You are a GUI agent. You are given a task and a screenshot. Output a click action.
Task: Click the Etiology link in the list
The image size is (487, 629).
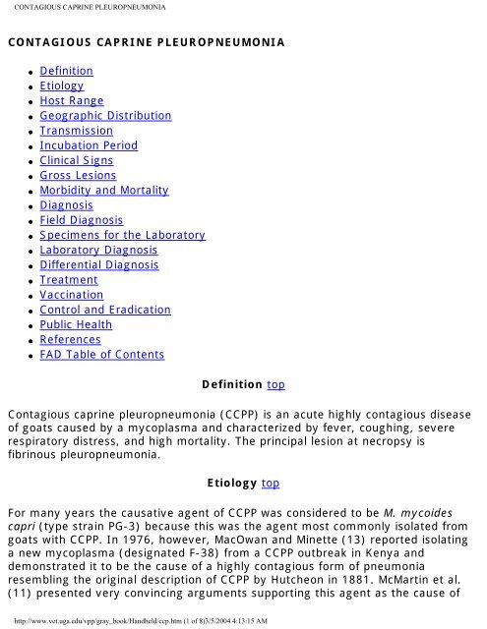[x=61, y=86]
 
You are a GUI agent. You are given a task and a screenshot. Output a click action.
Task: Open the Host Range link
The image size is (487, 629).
[x=71, y=101]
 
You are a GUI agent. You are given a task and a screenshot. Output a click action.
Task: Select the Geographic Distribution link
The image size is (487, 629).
[x=105, y=116]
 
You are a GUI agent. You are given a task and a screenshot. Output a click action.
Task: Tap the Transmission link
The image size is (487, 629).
[x=76, y=131]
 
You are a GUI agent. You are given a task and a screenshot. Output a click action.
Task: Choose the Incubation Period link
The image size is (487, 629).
[x=89, y=145]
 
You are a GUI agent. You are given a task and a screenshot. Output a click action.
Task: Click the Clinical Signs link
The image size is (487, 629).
[x=82, y=160]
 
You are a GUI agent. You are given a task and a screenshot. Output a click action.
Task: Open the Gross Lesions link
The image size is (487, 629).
[x=78, y=175]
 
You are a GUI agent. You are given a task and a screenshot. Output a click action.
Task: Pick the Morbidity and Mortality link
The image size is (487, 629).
[x=104, y=190]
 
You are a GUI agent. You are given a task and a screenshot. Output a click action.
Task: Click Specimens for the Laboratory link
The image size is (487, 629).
[x=122, y=236]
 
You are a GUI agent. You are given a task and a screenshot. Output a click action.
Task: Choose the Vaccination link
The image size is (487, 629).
[x=71, y=295]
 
